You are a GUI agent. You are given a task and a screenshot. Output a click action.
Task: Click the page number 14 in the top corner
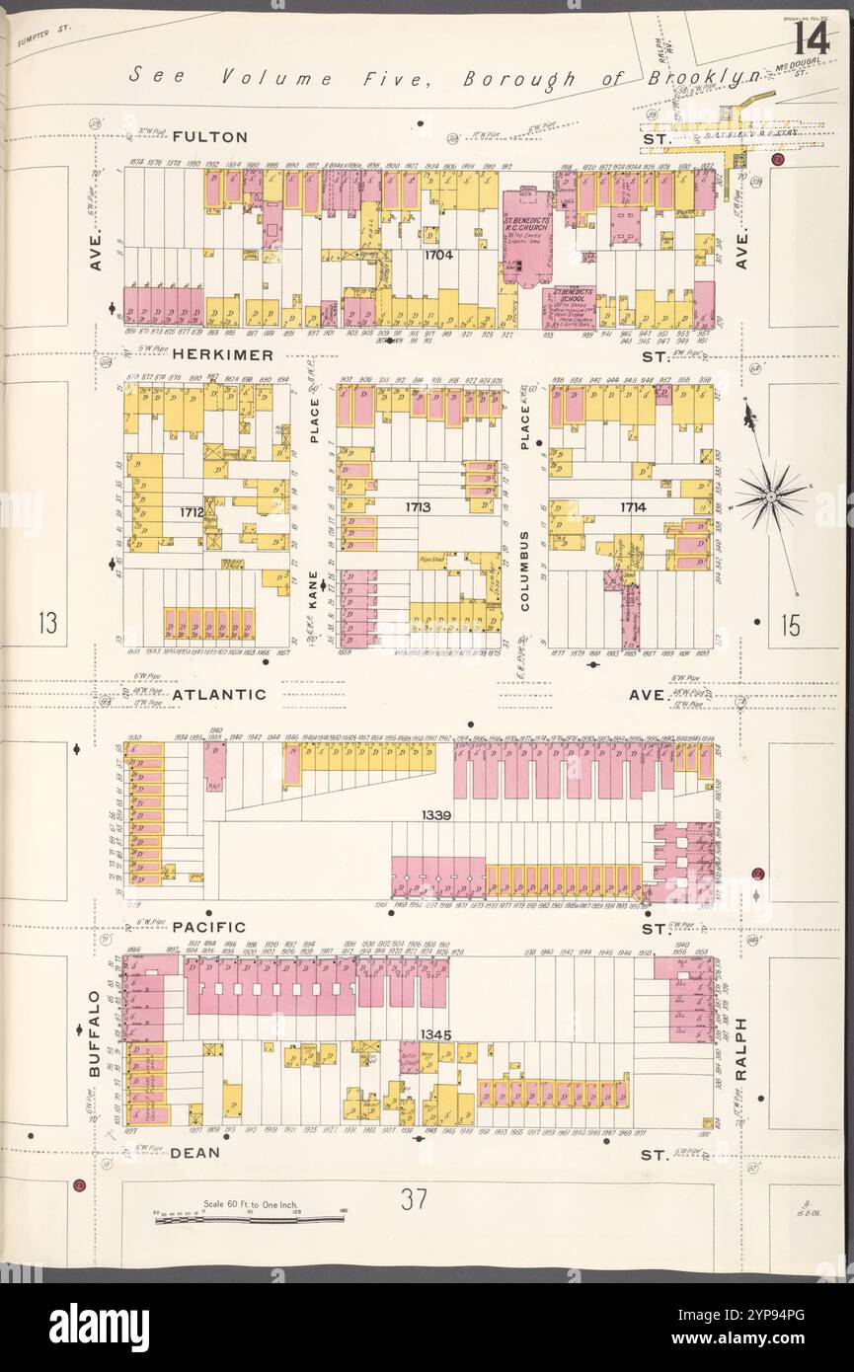point(809,38)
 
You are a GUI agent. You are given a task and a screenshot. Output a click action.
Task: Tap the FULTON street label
point(208,137)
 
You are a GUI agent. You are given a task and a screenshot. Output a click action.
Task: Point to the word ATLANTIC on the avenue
point(219,694)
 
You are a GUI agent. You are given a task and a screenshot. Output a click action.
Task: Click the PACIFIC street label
point(208,927)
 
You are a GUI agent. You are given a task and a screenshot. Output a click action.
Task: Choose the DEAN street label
point(194,1152)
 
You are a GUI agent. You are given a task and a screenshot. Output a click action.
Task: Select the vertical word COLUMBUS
point(525,572)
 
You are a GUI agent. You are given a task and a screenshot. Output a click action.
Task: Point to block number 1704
point(438,255)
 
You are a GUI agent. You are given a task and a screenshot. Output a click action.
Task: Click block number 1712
point(192,512)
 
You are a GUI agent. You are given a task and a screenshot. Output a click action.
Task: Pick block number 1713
point(419,506)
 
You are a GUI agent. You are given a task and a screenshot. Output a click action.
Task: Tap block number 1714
point(633,507)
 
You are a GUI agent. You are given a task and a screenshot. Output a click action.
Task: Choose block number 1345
point(435,1034)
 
